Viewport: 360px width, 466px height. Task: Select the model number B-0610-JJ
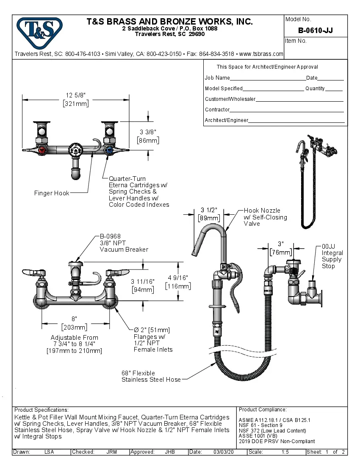(x=315, y=30)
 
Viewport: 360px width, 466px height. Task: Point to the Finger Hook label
(x=52, y=193)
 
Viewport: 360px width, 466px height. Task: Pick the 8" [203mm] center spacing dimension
(x=74, y=323)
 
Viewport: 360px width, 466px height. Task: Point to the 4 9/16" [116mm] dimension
(x=178, y=282)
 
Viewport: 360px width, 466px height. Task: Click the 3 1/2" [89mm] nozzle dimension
(x=209, y=214)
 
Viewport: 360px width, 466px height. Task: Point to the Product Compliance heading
(x=263, y=410)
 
